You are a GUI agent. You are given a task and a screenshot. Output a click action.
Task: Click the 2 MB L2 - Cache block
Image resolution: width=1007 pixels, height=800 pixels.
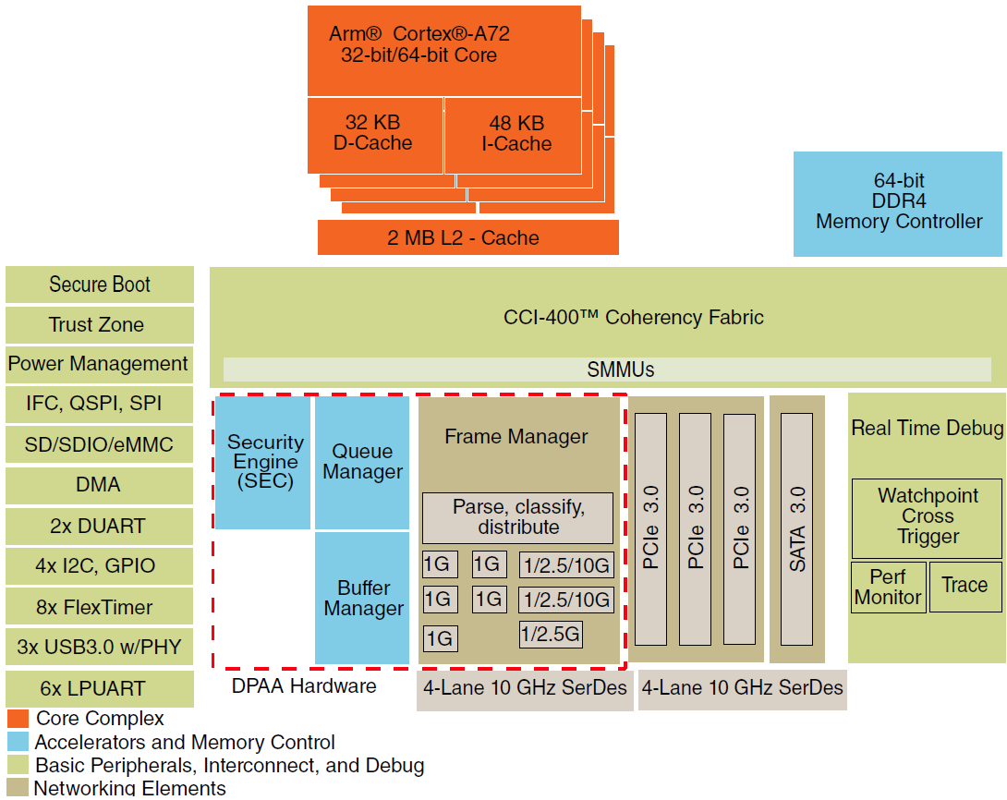tap(467, 237)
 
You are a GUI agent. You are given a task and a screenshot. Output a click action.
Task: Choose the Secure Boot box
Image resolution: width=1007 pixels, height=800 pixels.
tap(100, 285)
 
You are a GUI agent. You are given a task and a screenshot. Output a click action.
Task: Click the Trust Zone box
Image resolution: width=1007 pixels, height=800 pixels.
tap(100, 325)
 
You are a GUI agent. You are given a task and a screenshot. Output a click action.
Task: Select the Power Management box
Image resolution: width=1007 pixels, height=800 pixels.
tap(100, 364)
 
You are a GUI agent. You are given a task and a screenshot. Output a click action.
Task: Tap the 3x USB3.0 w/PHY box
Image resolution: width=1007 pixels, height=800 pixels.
tap(100, 647)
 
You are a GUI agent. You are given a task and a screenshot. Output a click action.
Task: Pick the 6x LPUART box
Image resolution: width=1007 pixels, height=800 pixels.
tap(100, 688)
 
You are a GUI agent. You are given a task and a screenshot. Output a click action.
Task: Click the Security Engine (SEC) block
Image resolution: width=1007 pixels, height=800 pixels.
tap(265, 462)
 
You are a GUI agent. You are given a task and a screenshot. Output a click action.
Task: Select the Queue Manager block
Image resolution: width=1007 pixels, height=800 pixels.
tap(362, 462)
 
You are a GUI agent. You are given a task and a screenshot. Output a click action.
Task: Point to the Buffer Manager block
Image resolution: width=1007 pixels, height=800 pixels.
tap(362, 598)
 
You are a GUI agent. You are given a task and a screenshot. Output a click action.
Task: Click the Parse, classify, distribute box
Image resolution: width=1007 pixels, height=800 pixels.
tap(517, 517)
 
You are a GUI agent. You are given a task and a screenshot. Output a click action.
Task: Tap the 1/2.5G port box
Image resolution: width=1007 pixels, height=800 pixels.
tap(551, 635)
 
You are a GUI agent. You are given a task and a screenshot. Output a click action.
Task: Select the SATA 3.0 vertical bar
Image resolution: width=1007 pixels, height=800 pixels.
tap(797, 528)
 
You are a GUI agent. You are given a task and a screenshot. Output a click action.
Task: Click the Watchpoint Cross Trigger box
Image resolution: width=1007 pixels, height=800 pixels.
tap(927, 516)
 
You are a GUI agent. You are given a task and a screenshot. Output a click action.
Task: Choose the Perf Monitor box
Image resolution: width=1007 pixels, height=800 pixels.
tap(887, 587)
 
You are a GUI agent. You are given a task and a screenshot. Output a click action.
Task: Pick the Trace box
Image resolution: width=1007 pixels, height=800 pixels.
tap(965, 586)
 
